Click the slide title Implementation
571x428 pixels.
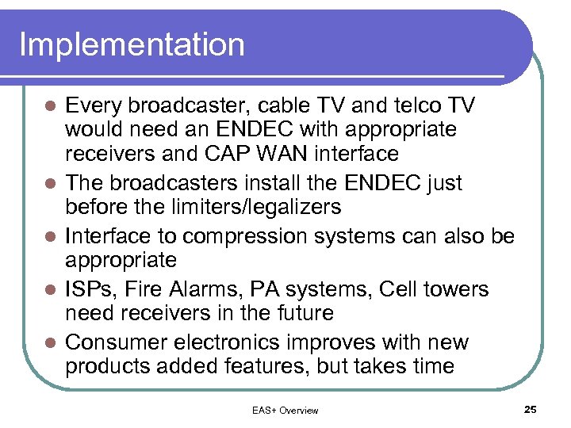point(132,44)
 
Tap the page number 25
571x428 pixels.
point(531,409)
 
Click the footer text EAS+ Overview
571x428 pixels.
point(285,410)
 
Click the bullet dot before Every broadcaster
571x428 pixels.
point(48,106)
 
